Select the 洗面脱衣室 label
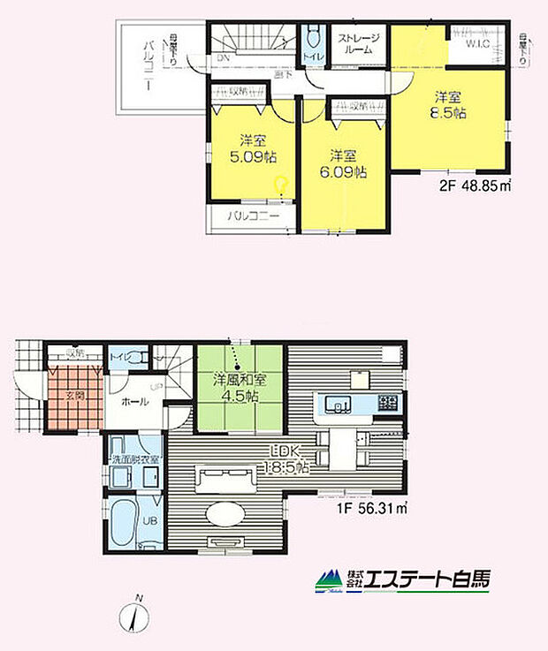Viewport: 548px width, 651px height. pyautogui.click(x=135, y=459)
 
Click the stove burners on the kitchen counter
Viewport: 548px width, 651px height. pyautogui.click(x=389, y=403)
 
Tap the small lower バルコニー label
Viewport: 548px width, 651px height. pyautogui.click(x=255, y=215)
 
